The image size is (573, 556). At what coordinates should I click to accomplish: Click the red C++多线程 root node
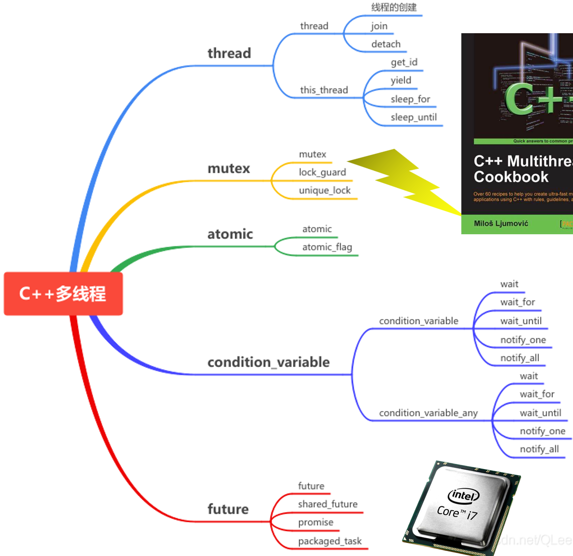tap(63, 294)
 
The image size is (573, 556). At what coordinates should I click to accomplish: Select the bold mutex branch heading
tap(229, 168)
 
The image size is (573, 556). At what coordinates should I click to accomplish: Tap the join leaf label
tap(379, 26)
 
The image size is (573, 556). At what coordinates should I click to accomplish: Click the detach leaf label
tap(386, 44)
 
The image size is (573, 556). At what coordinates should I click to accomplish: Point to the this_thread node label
tap(324, 90)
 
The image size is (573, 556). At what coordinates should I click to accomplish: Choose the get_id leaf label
tap(404, 62)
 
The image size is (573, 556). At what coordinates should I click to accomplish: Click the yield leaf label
tap(401, 80)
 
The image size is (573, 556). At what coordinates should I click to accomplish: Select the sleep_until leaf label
tap(414, 118)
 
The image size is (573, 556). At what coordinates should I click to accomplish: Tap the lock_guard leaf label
tap(322, 172)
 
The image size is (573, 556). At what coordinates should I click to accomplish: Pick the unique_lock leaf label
tap(324, 191)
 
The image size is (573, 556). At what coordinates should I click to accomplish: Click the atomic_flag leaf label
tap(327, 247)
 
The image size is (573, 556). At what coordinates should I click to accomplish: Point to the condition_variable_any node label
tap(428, 413)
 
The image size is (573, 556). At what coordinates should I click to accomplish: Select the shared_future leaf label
tap(328, 504)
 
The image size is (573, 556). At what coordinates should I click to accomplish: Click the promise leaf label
tap(315, 523)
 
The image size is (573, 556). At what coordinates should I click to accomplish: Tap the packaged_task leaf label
tap(330, 541)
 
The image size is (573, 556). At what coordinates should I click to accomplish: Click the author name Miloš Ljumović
tap(501, 224)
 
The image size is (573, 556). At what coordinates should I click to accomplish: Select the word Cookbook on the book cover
tap(511, 177)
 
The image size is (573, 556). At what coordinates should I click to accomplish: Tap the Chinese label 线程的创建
tap(394, 8)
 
